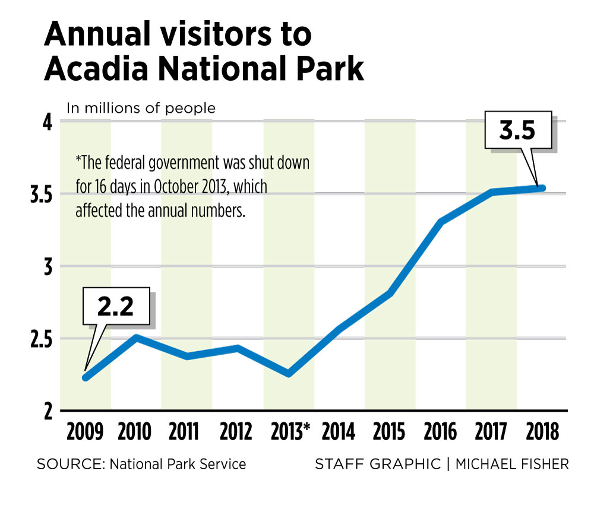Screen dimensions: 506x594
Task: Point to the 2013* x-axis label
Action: point(289,431)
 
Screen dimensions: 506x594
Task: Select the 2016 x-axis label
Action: point(440,431)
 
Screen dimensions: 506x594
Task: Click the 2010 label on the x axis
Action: point(135,431)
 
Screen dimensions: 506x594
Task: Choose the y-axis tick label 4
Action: point(48,122)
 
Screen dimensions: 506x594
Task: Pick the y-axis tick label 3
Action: point(48,266)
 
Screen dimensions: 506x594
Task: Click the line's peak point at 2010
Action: point(136,338)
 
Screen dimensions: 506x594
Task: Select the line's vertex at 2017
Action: point(492,192)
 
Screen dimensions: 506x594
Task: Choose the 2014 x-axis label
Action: point(339,431)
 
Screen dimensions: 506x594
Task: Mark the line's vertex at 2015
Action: point(390,292)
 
